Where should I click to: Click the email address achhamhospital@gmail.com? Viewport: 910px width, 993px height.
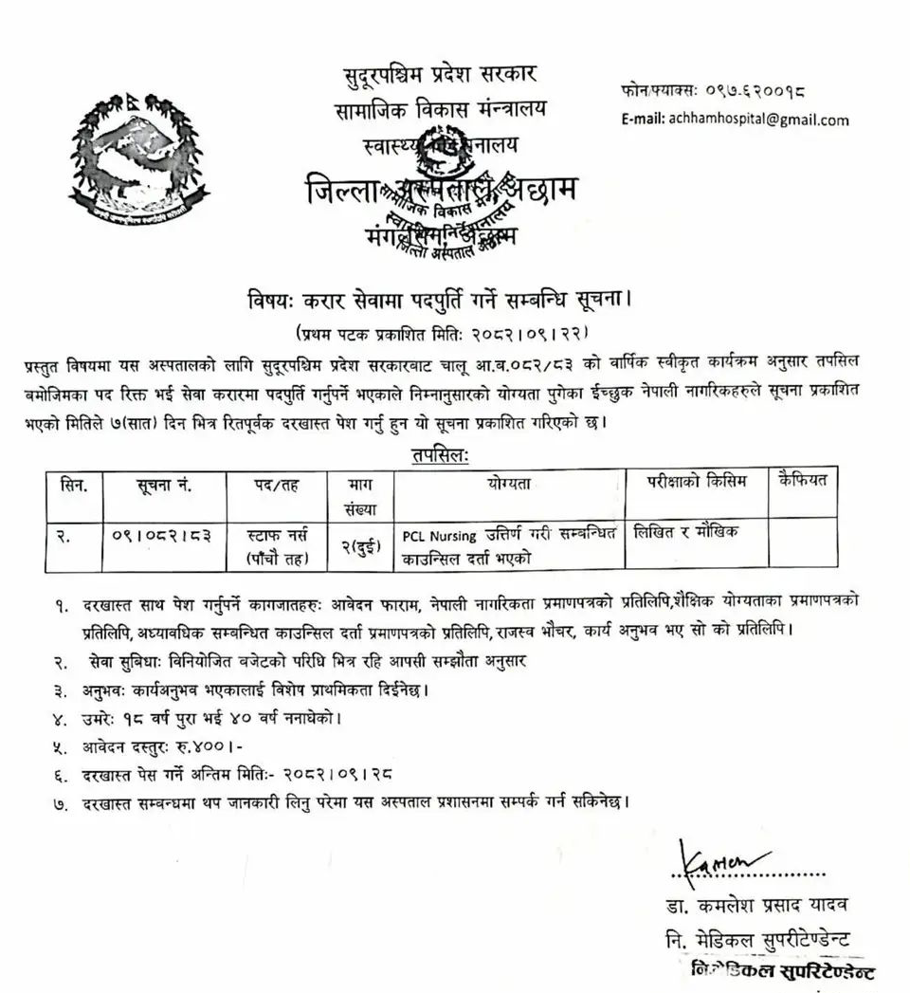coord(735,120)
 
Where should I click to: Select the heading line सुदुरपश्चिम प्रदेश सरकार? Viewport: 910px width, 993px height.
coord(441,75)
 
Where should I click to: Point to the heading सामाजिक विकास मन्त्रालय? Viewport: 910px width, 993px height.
coord(441,110)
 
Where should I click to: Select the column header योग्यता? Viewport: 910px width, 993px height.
coord(510,484)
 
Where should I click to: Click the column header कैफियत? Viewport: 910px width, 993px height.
coord(802,482)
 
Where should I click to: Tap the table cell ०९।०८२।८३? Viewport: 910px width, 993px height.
coord(164,534)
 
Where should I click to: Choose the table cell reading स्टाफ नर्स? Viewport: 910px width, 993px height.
coord(275,534)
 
